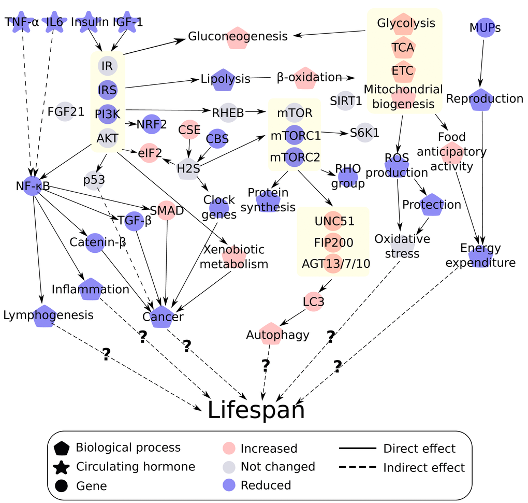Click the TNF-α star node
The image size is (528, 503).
coord(22,22)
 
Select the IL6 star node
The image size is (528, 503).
coord(54,22)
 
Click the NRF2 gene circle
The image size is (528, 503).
coord(152,124)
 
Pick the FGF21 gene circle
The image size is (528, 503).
coord(65,111)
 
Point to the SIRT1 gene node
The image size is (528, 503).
coord(345,100)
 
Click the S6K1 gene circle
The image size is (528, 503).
coord(364,133)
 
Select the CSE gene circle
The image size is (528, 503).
coord(189,130)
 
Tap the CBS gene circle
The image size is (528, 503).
coord(217,139)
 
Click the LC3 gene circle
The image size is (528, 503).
coord(314,301)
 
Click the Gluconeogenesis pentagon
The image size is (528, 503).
coord(238,38)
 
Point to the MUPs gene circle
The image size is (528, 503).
coord(485,27)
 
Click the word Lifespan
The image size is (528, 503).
coord(256,410)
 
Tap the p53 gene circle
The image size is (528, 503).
coord(94,180)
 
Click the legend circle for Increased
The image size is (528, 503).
coord(229,448)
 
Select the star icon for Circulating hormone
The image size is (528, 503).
coord(62,467)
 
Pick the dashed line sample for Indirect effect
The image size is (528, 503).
coord(357,467)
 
